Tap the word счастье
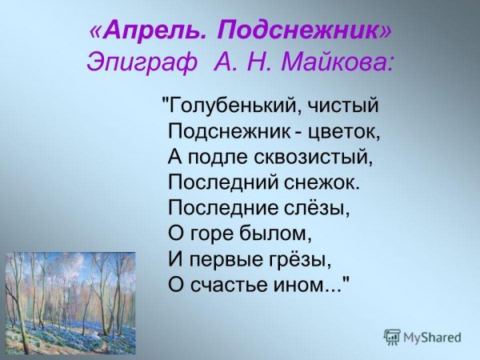click(234, 284)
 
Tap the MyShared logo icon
click(392, 337)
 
